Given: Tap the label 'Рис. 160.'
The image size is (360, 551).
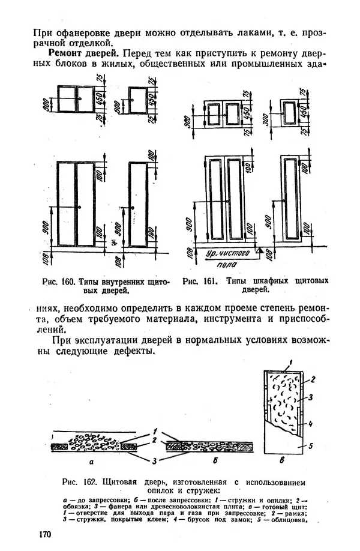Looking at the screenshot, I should (57, 281).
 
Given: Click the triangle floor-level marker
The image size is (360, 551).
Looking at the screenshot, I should (260, 253).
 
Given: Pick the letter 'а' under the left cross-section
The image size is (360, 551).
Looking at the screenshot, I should (91, 463).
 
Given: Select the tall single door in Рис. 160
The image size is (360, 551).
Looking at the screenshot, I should (139, 204).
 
